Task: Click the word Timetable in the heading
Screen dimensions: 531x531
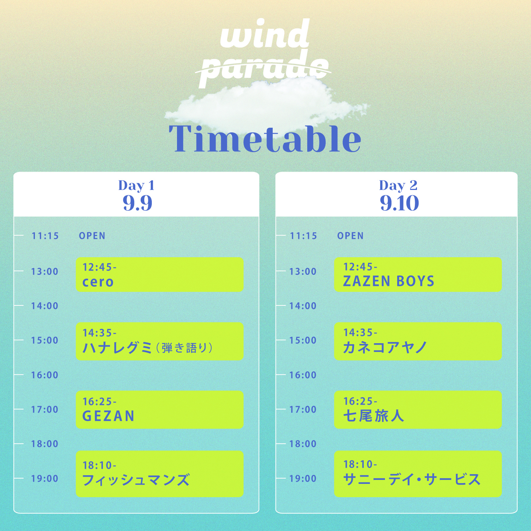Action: (265, 139)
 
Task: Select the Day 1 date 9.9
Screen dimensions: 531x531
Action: (137, 203)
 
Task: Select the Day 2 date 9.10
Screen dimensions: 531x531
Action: (399, 203)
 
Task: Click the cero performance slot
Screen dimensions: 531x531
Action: (159, 274)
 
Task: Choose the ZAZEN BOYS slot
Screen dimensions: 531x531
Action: (418, 274)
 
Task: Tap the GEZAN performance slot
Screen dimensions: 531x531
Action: (159, 409)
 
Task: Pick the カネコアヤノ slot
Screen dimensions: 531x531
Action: (418, 341)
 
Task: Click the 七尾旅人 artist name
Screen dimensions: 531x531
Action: (373, 416)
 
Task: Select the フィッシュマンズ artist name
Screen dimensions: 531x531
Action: (136, 480)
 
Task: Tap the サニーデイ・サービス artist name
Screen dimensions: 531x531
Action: (412, 480)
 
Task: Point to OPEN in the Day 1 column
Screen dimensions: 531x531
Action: (92, 236)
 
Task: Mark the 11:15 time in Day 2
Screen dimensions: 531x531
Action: (303, 236)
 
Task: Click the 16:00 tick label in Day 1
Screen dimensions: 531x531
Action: (45, 375)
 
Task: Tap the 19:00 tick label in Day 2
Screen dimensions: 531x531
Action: (303, 479)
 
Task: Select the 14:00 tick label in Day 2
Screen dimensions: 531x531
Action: (303, 306)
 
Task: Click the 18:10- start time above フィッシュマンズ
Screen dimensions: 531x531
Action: (99, 466)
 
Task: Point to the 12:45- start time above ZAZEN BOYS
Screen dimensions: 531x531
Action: (360, 267)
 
